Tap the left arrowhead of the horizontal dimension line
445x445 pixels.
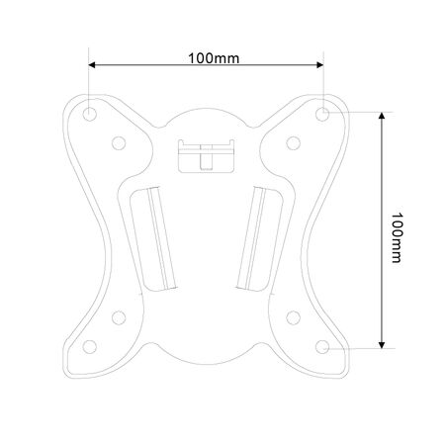[x=94, y=66]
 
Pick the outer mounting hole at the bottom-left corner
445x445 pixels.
[x=89, y=347]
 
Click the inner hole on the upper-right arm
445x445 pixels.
[x=294, y=141]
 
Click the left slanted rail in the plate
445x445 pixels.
[x=155, y=235]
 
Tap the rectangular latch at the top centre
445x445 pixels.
[x=206, y=154]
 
